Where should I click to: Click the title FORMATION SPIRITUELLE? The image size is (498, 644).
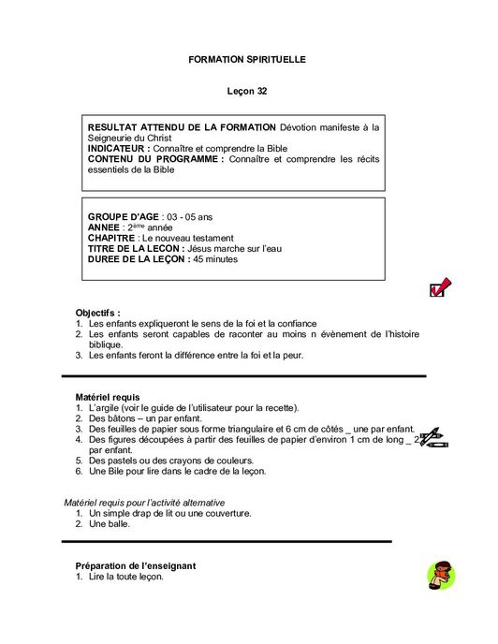(x=247, y=59)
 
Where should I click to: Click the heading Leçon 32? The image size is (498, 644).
(x=247, y=92)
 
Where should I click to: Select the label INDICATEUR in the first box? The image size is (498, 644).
(x=118, y=149)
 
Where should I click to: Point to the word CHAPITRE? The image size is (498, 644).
(x=110, y=238)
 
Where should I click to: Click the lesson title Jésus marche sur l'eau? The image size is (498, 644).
(x=234, y=248)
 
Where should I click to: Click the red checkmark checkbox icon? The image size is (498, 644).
(x=439, y=287)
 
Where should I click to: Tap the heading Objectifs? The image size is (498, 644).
(x=97, y=313)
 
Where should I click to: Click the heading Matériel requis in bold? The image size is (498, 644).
(x=108, y=398)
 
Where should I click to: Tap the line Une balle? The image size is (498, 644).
(x=110, y=524)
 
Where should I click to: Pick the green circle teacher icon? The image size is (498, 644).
(x=439, y=575)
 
